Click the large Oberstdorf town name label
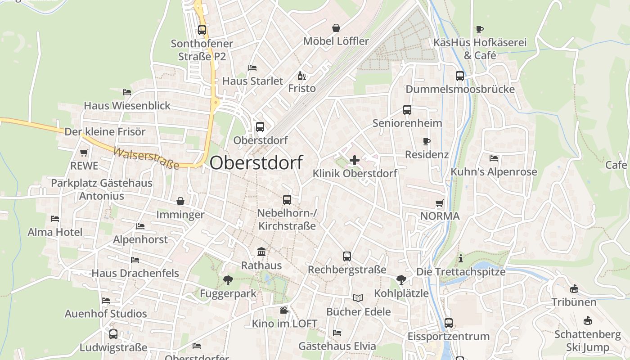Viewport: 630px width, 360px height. point(256,162)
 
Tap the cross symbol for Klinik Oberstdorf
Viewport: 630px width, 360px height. point(355,160)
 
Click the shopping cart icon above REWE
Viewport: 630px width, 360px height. point(84,153)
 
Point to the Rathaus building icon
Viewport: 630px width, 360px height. point(261,252)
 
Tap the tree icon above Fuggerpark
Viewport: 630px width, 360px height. point(228,280)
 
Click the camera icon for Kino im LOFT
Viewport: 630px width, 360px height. point(284,310)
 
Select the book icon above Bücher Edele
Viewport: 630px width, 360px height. point(358,298)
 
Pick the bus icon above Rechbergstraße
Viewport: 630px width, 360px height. point(347,256)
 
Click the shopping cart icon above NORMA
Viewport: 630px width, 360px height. point(440,203)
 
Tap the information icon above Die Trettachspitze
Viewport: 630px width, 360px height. point(460,258)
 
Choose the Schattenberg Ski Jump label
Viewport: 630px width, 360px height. point(588,341)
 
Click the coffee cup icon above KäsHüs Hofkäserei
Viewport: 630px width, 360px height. point(480,30)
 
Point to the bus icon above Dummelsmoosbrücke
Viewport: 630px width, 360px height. point(460,76)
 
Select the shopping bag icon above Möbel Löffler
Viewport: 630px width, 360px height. point(336,28)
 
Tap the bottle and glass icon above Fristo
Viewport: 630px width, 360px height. point(301,76)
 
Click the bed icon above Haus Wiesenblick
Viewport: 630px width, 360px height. point(127,92)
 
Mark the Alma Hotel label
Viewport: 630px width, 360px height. point(55,232)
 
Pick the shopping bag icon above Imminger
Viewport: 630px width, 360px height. point(180,201)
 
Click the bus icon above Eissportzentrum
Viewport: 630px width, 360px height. point(449,323)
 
